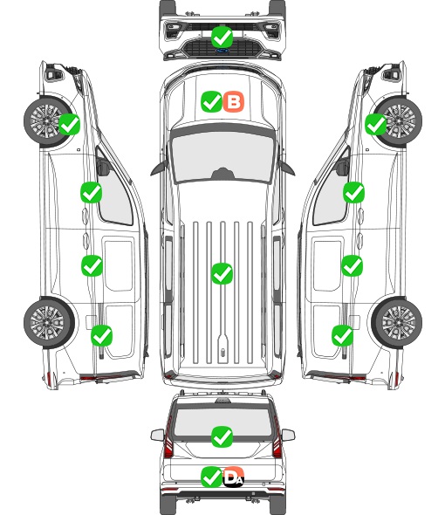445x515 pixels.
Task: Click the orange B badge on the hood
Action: tap(234, 101)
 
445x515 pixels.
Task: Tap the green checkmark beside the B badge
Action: tap(211, 101)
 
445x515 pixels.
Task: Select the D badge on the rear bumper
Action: tap(234, 477)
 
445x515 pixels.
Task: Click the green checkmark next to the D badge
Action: tap(211, 477)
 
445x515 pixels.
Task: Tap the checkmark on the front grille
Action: tap(222, 37)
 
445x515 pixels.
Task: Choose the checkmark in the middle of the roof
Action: tap(222, 273)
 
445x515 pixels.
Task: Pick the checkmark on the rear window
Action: tap(222, 436)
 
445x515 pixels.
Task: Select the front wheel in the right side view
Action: tap(398, 121)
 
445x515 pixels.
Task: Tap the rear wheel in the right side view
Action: tap(397, 323)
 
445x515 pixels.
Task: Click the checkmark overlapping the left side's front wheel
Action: tap(69, 124)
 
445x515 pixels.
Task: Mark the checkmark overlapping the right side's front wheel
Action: tap(376, 124)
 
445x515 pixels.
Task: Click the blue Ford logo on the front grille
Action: tap(222, 51)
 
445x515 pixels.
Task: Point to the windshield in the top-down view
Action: tap(222, 157)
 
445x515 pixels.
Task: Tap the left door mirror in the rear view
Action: tap(157, 436)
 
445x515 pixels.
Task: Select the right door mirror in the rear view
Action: tap(288, 436)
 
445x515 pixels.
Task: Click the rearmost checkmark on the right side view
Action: tap(343, 335)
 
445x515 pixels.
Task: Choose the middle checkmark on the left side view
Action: tap(92, 265)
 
